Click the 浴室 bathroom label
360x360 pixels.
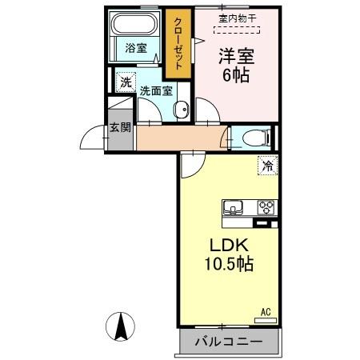pyautogui.click(x=135, y=48)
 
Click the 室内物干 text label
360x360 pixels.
pyautogui.click(x=238, y=17)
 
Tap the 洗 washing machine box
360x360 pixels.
pyautogui.click(x=126, y=82)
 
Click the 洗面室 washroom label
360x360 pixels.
pyautogui.click(x=156, y=90)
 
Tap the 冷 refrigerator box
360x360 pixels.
pyautogui.click(x=264, y=166)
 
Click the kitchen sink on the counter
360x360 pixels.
pyautogui.click(x=234, y=207)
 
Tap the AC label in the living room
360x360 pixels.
pyautogui.click(x=264, y=312)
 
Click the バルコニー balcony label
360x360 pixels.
pyautogui.click(x=229, y=343)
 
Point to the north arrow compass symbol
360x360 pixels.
pyautogui.click(x=122, y=327)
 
